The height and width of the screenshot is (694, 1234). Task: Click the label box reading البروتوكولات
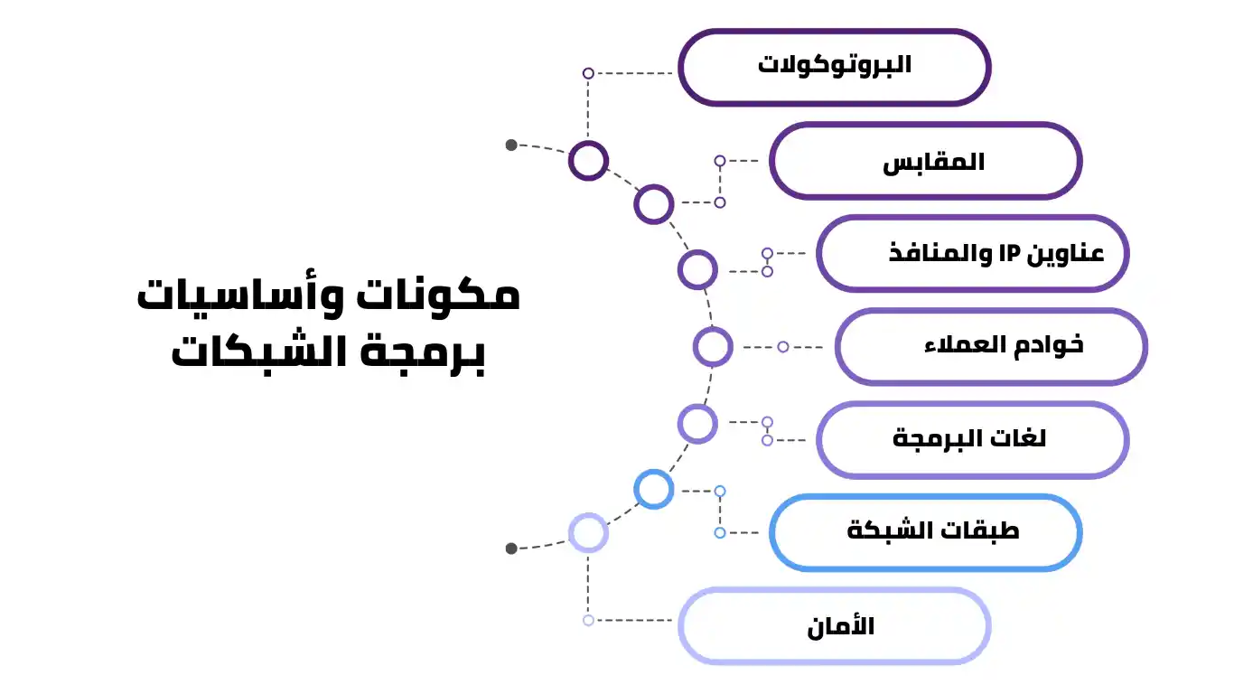point(834,66)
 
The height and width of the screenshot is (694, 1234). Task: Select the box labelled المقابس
point(925,162)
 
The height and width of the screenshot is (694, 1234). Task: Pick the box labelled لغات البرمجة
point(972,440)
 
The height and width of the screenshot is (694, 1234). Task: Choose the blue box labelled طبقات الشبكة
point(925,532)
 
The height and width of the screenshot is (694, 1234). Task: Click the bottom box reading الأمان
point(834,626)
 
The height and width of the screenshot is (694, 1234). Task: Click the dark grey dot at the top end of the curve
point(511,145)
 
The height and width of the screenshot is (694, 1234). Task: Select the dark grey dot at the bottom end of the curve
point(511,548)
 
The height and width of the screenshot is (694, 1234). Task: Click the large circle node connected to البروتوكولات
point(588,161)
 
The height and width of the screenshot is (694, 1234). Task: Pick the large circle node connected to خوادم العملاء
point(713,347)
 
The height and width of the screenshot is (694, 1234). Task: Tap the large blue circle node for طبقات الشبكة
point(654,489)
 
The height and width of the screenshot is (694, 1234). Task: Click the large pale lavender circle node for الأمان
point(588,533)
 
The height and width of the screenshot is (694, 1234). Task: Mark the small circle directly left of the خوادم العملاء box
point(783,347)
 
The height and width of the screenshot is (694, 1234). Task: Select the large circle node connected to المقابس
point(654,204)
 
